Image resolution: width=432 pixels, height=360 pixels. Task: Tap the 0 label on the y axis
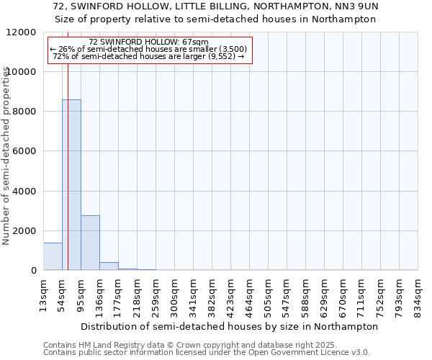33,271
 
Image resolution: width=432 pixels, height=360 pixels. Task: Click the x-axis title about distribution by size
229,326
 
